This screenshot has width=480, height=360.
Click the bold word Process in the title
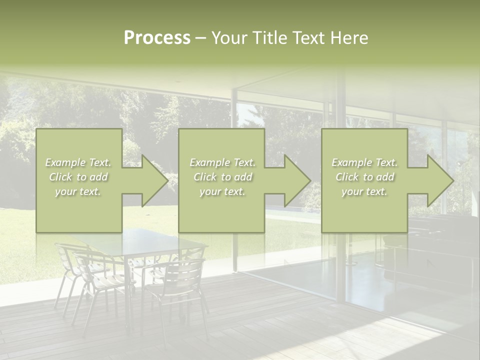157,38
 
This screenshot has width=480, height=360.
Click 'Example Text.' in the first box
78,162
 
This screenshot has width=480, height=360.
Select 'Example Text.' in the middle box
222,162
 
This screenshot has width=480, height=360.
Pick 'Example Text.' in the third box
364,162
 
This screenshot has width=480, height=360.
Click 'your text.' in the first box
78,191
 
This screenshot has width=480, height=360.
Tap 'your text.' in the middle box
222,191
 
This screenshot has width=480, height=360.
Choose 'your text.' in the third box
364,191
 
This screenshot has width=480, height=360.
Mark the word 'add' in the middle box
243,177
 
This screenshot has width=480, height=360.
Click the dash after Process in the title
200,38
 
